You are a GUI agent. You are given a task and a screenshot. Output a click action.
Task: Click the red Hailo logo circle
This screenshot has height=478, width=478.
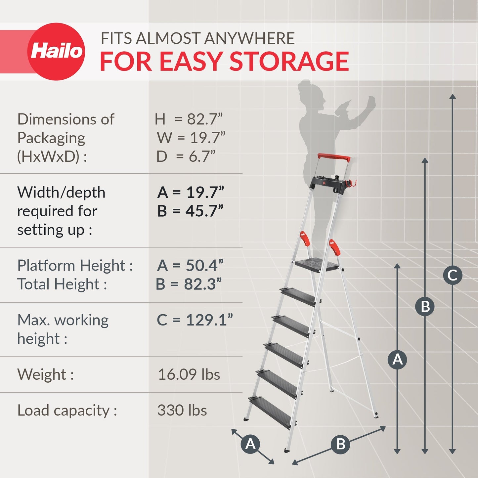pyautogui.click(x=56, y=51)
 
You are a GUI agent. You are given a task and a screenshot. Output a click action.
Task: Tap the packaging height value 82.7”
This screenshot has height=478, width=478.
pyautogui.click(x=205, y=119)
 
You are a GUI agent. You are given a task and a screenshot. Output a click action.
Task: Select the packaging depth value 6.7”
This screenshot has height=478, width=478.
pyautogui.click(x=202, y=156)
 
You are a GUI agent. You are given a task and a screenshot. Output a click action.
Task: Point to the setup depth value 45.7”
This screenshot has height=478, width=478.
pyautogui.click(x=204, y=211)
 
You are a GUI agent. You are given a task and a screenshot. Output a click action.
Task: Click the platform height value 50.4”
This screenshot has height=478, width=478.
pyautogui.click(x=205, y=265)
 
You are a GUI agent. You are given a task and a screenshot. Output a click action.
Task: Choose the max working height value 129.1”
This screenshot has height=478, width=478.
pyautogui.click(x=209, y=320)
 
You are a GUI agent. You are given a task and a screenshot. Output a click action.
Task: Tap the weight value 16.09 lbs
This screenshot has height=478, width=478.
pyautogui.click(x=189, y=374)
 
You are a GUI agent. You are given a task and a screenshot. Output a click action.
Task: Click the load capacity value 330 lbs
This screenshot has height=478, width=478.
pyautogui.click(x=182, y=410)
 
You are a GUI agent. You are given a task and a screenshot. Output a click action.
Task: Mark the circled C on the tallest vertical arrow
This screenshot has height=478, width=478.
pyautogui.click(x=453, y=275)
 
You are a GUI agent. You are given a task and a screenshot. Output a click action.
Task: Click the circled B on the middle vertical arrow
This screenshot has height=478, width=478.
pyautogui.click(x=425, y=306)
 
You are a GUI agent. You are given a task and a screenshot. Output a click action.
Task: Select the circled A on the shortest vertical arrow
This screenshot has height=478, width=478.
pyautogui.click(x=397, y=359)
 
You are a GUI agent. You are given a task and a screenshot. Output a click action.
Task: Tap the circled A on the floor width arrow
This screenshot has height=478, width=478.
pyautogui.click(x=250, y=444)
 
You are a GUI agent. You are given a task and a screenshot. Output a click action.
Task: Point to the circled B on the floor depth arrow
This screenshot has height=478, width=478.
pyautogui.click(x=341, y=444)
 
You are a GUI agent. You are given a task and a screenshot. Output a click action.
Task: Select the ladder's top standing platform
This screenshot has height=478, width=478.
pyautogui.click(x=316, y=265)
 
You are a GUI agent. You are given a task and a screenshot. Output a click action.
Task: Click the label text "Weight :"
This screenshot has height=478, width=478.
pyautogui.click(x=45, y=374)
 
